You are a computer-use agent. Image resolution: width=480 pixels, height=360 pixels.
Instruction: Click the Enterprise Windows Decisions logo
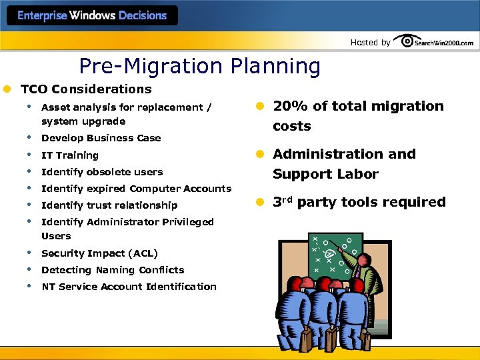pyautogui.click(x=92, y=16)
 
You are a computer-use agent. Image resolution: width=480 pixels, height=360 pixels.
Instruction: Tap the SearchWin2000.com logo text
pyautogui.click(x=444, y=43)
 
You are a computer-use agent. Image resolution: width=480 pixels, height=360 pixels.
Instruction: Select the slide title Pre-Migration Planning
pyautogui.click(x=199, y=66)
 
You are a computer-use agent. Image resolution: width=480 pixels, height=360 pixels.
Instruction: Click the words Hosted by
pyautogui.click(x=370, y=43)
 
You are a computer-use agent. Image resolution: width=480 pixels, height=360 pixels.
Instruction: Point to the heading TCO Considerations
pyautogui.click(x=86, y=89)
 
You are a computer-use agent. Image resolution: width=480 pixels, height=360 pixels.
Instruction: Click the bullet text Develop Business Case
pyautogui.click(x=101, y=138)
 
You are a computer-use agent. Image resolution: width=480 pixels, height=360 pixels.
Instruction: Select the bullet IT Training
pyautogui.click(x=69, y=155)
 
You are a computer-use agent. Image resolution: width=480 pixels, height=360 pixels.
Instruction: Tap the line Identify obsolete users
pyautogui.click(x=101, y=171)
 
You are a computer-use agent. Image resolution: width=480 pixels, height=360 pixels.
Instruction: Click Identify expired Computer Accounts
pyautogui.click(x=136, y=189)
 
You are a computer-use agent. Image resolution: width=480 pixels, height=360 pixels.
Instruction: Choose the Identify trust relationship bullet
pyautogui.click(x=109, y=205)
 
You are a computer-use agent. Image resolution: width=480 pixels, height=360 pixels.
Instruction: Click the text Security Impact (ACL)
pyautogui.click(x=99, y=253)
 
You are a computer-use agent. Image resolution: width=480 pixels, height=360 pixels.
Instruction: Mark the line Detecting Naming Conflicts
pyautogui.click(x=112, y=270)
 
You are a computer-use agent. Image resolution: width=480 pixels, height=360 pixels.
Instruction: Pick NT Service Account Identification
pyautogui.click(x=129, y=287)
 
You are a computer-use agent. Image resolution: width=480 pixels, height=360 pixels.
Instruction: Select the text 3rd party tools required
pyautogui.click(x=359, y=202)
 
